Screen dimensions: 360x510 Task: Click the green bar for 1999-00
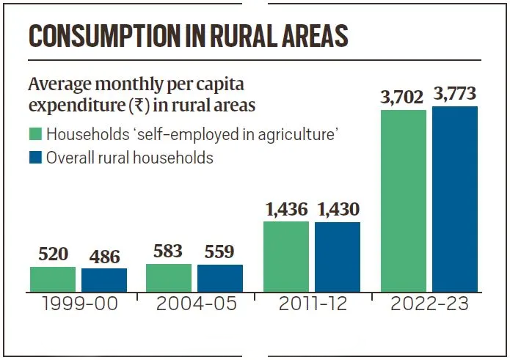tap(53, 279)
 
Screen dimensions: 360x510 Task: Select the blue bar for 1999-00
tap(104, 279)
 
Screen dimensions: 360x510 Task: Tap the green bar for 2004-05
tap(169, 277)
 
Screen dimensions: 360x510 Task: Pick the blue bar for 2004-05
tap(220, 278)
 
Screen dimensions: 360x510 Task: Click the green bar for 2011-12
tap(286, 256)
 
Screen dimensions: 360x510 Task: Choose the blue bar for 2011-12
tap(338, 256)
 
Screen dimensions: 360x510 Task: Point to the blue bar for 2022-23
tap(455, 199)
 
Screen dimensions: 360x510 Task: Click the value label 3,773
tap(455, 94)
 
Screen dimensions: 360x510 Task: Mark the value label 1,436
tap(286, 209)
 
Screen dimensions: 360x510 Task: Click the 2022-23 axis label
tap(429, 304)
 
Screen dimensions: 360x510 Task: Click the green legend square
tap(35, 135)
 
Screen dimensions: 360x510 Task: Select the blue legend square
tap(35, 157)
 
